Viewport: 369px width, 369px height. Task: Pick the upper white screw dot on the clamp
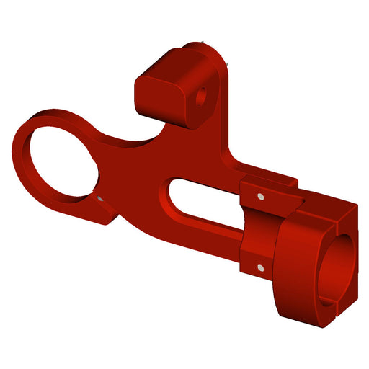(257, 195)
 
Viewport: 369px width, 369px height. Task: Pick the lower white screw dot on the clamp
(258, 267)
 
